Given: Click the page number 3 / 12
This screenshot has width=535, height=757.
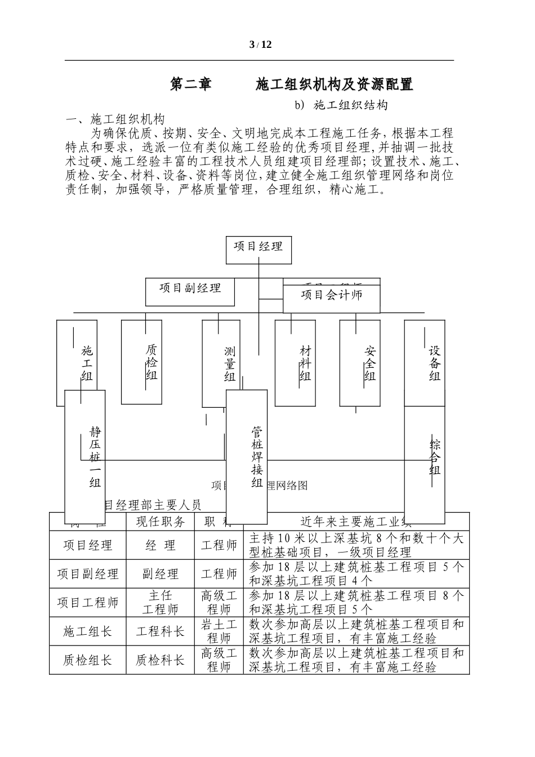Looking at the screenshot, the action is pyautogui.click(x=260, y=45).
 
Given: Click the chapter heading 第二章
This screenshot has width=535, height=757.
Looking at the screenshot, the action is pyautogui.click(x=191, y=84).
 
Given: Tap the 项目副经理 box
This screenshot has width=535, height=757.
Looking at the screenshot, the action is pyautogui.click(x=190, y=292).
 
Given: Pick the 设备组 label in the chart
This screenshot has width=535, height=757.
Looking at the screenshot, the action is pyautogui.click(x=434, y=363).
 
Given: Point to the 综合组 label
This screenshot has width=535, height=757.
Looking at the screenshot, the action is pyautogui.click(x=435, y=457).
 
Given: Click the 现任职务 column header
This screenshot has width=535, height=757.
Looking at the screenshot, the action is pyautogui.click(x=160, y=522).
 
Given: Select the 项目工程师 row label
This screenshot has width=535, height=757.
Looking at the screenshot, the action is pyautogui.click(x=88, y=603).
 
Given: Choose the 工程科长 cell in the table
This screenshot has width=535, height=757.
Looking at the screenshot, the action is pyautogui.click(x=160, y=631).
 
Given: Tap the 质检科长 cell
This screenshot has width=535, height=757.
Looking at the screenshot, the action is pyautogui.click(x=160, y=661).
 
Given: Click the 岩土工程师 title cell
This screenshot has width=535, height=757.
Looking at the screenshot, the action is pyautogui.click(x=219, y=631).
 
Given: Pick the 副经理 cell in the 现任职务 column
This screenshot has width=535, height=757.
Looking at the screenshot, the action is pyautogui.click(x=160, y=575).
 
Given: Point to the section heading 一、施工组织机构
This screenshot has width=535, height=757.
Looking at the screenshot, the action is pyautogui.click(x=115, y=119).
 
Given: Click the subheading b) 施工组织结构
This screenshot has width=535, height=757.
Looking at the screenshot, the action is pyautogui.click(x=341, y=105).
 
